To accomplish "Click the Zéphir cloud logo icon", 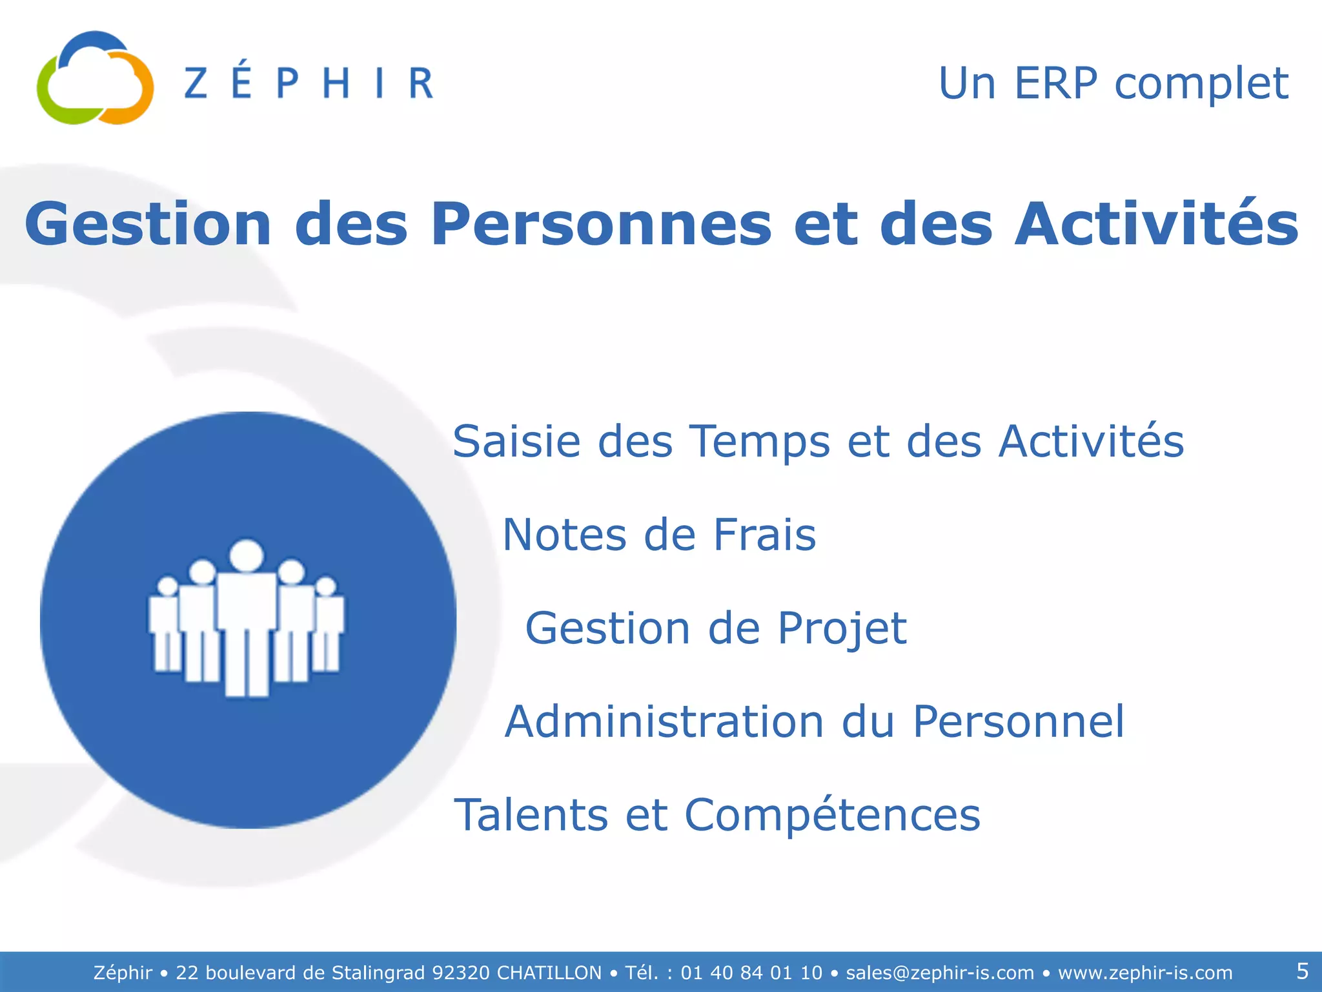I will [95, 79].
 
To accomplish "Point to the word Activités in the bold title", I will [1156, 224].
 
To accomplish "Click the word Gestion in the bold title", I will [148, 224].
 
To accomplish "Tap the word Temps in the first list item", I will [760, 443].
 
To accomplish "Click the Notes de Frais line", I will [659, 535].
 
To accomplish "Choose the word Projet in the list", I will [842, 629].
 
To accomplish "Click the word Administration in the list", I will [664, 721].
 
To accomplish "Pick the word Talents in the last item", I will [531, 814].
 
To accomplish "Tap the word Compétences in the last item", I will [832, 816].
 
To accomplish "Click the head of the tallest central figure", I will [247, 555].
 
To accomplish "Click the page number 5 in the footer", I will [1302, 971].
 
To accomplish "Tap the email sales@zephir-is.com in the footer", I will [940, 973].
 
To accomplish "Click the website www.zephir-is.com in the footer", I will [1145, 973].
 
